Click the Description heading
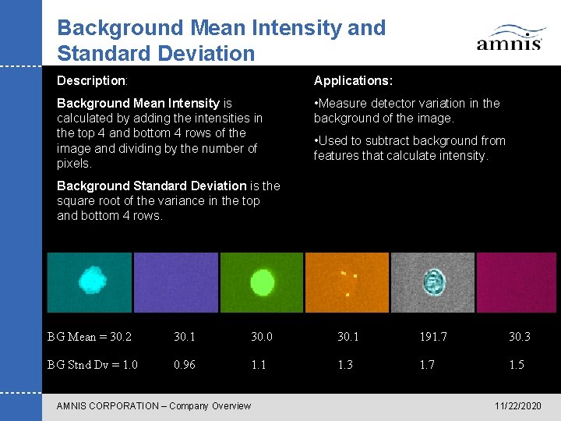pyautogui.click(x=92, y=80)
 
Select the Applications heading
pyautogui.click(x=353, y=80)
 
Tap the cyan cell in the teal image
pyautogui.click(x=93, y=279)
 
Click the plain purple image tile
pyautogui.click(x=175, y=282)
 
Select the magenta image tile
pyautogui.click(x=517, y=282)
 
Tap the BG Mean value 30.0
pyautogui.click(x=262, y=337)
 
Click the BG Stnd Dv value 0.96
pyautogui.click(x=185, y=365)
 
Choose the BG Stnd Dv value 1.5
pyautogui.click(x=517, y=365)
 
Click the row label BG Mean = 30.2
pyautogui.click(x=90, y=337)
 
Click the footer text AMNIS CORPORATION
pyautogui.click(x=109, y=405)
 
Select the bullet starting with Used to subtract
pyautogui.click(x=409, y=148)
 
